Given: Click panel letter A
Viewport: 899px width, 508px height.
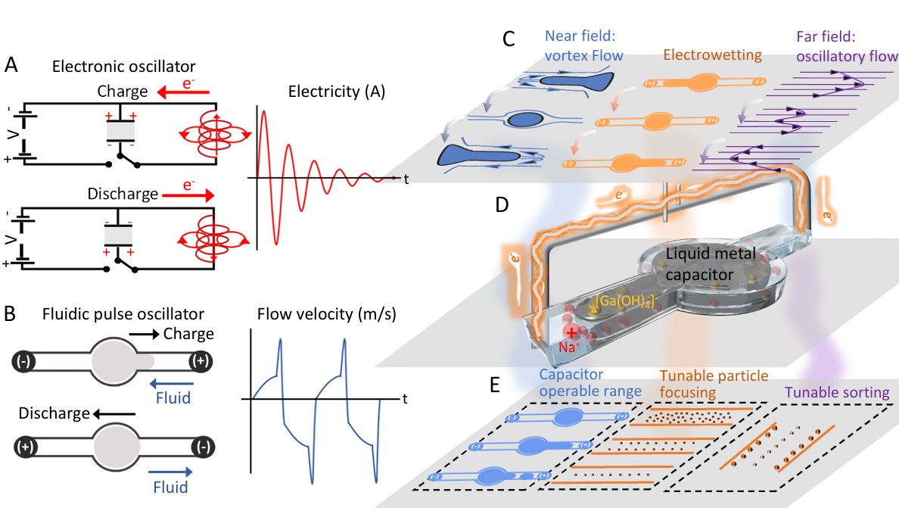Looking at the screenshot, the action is [11, 65].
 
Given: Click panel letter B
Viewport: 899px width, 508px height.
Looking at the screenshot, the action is [10, 313].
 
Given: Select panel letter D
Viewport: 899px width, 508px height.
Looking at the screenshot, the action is [502, 204].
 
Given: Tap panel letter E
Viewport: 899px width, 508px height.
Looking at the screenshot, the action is [495, 385].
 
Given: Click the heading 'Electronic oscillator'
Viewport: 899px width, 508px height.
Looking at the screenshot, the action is [124, 67].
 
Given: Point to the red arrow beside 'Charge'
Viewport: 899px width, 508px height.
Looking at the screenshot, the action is [183, 92].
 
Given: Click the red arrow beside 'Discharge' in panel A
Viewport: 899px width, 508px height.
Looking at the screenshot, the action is [188, 195].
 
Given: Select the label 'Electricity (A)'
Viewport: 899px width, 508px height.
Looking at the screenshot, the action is [337, 91].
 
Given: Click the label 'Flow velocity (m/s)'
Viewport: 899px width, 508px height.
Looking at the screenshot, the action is [327, 313].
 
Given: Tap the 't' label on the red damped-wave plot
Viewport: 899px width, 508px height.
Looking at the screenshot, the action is [406, 179].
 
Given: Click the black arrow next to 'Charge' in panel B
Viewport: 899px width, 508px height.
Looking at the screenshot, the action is [144, 335].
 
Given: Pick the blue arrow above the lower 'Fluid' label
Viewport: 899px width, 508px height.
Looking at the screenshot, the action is [170, 472].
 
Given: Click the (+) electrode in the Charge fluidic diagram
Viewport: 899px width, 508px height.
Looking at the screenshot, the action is [201, 361].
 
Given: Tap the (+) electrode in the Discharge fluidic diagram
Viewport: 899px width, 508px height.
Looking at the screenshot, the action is [25, 447].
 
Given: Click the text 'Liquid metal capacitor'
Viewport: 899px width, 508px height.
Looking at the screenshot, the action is [711, 264].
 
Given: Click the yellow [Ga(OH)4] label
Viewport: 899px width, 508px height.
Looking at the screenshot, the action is [624, 301].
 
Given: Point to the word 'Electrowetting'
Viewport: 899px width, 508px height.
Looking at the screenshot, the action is [713, 55].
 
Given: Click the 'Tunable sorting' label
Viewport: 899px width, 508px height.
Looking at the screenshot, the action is [837, 392].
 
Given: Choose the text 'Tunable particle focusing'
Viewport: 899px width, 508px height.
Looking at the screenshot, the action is [714, 384].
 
